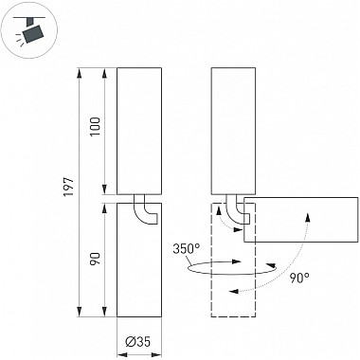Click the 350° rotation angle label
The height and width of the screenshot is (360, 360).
pyautogui.click(x=188, y=250)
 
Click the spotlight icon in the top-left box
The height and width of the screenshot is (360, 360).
pyautogui.click(x=32, y=32)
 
